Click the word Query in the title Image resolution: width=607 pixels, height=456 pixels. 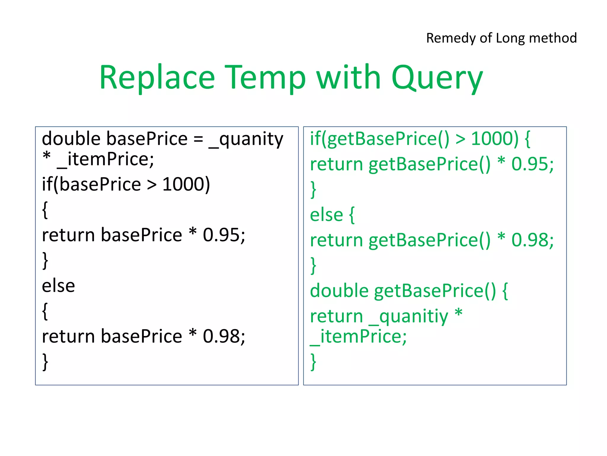tap(437, 78)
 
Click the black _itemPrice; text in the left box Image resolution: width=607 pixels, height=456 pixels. tap(106, 159)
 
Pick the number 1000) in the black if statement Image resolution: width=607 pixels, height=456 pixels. tap(186, 184)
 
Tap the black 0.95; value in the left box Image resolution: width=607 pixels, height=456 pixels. tap(224, 235)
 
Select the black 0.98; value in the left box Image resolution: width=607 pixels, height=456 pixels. tap(224, 336)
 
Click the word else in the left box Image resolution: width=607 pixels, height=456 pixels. tap(58, 286)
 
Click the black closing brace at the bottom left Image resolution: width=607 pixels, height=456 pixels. tap(45, 362)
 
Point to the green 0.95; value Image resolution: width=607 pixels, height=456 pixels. tap(532, 164)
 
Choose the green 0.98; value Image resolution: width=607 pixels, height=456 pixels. tap(532, 240)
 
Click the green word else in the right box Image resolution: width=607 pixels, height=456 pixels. tap(326, 215)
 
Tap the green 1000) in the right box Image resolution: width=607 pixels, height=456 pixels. tap(495, 139)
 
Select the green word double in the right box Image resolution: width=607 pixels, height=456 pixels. tap(339, 291)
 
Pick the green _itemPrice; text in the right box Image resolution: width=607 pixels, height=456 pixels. tap(358, 337)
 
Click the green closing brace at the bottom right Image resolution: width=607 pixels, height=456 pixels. tap(313, 362)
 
